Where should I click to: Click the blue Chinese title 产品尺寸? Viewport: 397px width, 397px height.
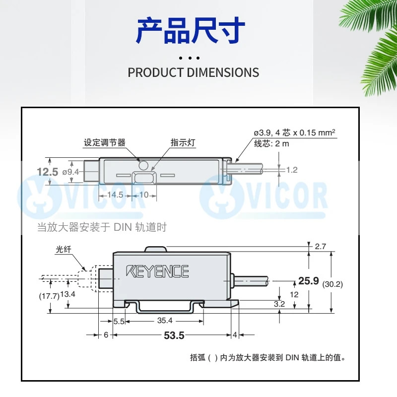(x=191, y=31)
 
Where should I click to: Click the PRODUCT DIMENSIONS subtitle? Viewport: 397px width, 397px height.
(x=194, y=72)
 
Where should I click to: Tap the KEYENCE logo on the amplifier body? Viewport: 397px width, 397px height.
(x=157, y=271)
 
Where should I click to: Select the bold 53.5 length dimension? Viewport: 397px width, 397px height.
(x=174, y=335)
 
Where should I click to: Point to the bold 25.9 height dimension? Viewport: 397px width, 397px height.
(x=308, y=280)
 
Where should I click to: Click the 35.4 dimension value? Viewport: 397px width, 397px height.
(x=165, y=321)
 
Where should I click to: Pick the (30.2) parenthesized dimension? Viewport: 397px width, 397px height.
(x=332, y=284)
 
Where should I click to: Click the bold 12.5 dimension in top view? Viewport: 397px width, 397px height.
(x=48, y=172)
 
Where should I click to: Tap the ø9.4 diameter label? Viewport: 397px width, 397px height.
(x=70, y=172)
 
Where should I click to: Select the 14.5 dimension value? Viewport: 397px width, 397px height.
(x=115, y=195)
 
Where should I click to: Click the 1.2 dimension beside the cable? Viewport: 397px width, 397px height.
(x=292, y=170)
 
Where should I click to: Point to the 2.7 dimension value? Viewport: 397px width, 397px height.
(x=320, y=246)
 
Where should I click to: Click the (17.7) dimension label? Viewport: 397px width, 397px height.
(x=49, y=296)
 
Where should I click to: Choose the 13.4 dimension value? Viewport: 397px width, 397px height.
(x=68, y=294)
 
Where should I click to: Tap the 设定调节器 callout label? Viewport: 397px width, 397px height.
(x=105, y=142)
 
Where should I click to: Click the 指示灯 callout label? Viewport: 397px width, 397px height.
(x=183, y=142)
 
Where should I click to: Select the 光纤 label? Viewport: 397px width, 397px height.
(x=64, y=250)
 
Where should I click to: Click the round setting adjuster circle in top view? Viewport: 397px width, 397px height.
(x=143, y=165)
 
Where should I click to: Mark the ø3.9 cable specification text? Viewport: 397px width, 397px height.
(x=295, y=132)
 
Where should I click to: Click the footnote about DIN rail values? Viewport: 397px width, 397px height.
(x=267, y=358)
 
